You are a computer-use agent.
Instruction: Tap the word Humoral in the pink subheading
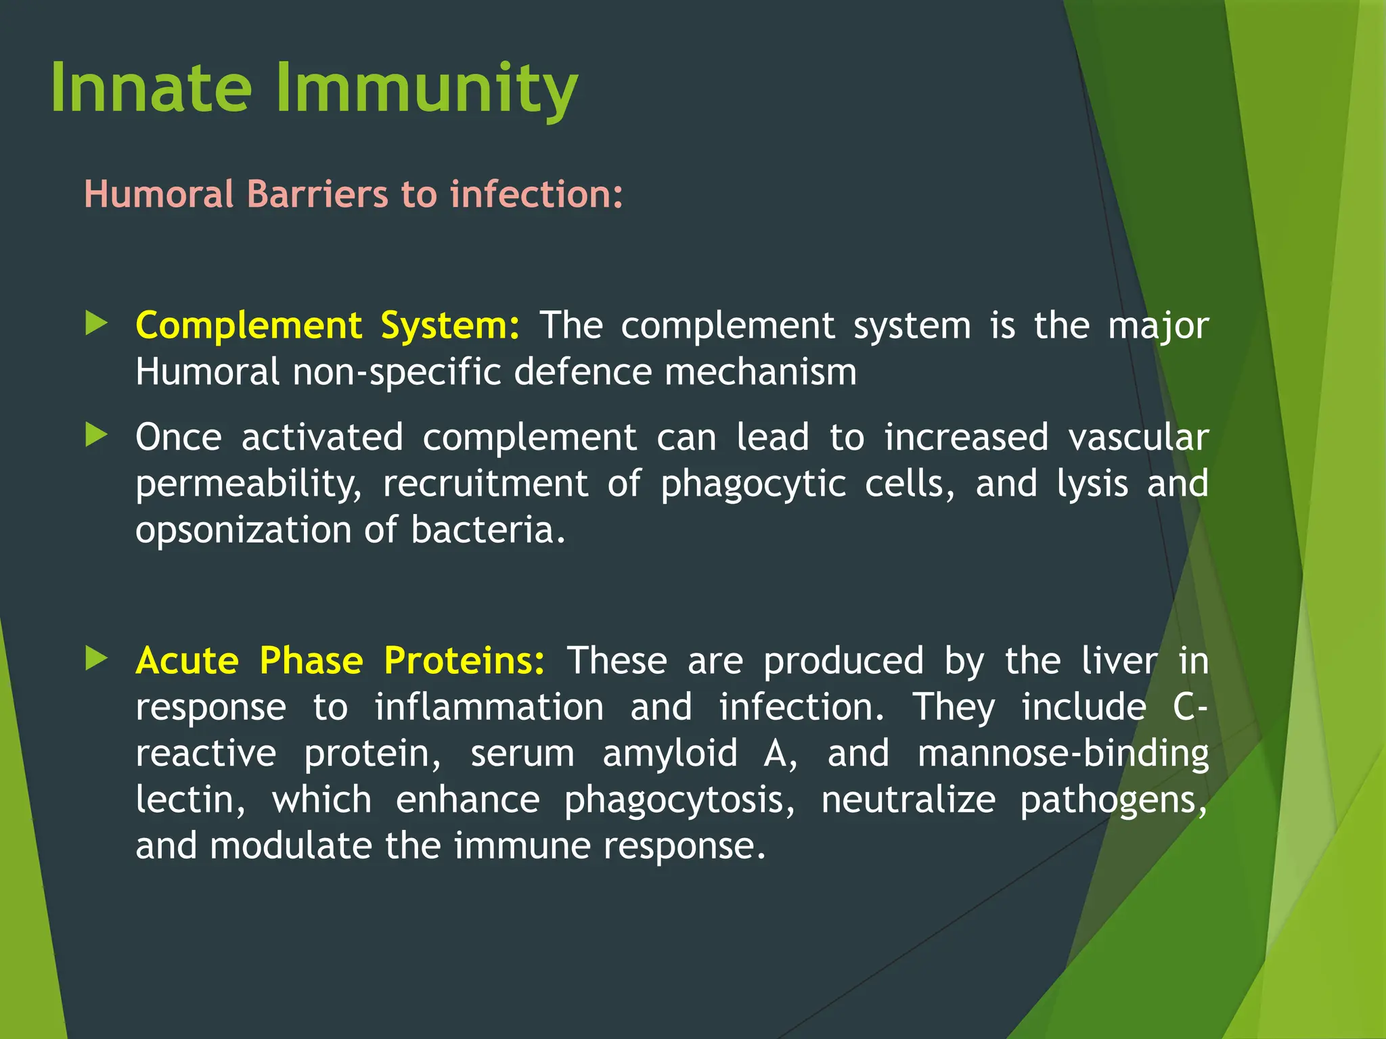(x=159, y=194)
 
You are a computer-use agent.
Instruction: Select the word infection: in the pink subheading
(x=536, y=194)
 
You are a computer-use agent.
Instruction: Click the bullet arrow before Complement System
(x=97, y=323)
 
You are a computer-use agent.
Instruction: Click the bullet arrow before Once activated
(x=97, y=435)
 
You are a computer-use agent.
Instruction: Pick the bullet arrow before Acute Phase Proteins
(x=97, y=658)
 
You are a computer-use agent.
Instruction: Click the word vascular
(x=1138, y=438)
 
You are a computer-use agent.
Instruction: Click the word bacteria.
(x=487, y=530)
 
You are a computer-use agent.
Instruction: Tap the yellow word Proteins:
(x=464, y=661)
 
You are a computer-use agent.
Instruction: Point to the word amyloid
(x=670, y=754)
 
